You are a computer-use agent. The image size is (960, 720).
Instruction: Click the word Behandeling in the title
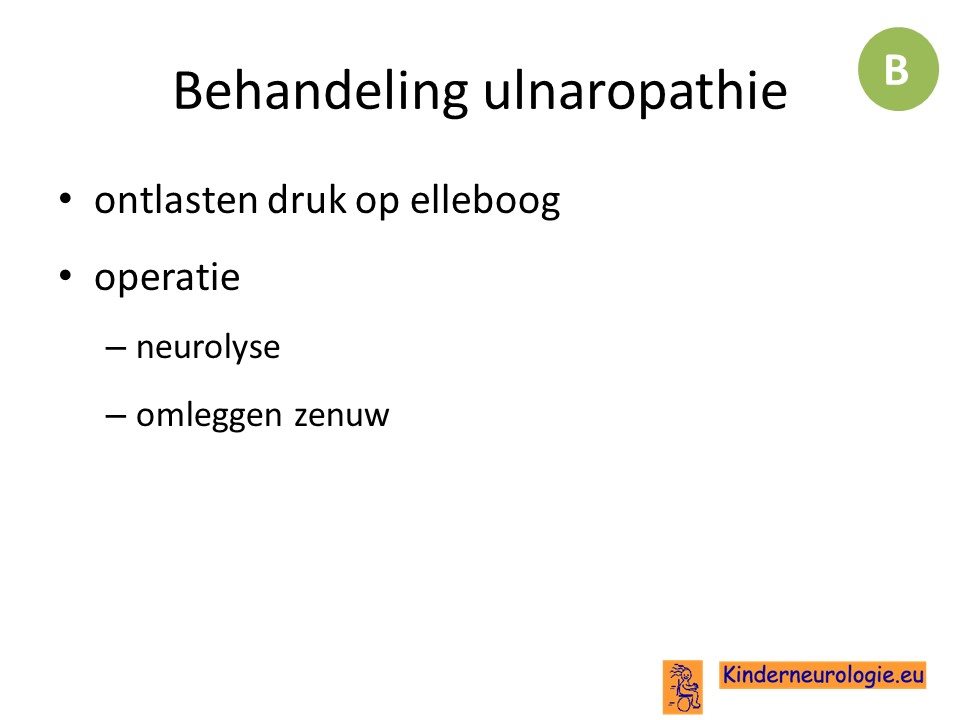[320, 92]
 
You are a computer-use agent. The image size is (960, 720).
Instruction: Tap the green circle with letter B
[898, 69]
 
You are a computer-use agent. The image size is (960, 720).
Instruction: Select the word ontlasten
[176, 200]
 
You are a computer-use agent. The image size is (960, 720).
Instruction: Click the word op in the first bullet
[377, 204]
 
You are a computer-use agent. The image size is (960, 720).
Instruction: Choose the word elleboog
[485, 201]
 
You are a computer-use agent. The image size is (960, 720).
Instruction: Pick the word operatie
[167, 278]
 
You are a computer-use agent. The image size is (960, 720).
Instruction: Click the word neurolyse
[208, 347]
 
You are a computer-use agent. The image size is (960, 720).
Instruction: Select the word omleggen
[209, 416]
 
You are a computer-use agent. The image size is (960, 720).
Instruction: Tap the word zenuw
[342, 416]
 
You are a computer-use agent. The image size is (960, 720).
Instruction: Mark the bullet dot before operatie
[66, 276]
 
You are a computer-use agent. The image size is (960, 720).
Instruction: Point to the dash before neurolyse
[116, 348]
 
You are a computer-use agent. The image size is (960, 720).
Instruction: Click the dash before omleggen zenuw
[116, 416]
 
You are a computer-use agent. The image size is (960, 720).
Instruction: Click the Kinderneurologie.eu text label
[822, 675]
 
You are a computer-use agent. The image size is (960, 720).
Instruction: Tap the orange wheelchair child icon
[683, 687]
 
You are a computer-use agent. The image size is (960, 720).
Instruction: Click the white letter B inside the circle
[896, 70]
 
